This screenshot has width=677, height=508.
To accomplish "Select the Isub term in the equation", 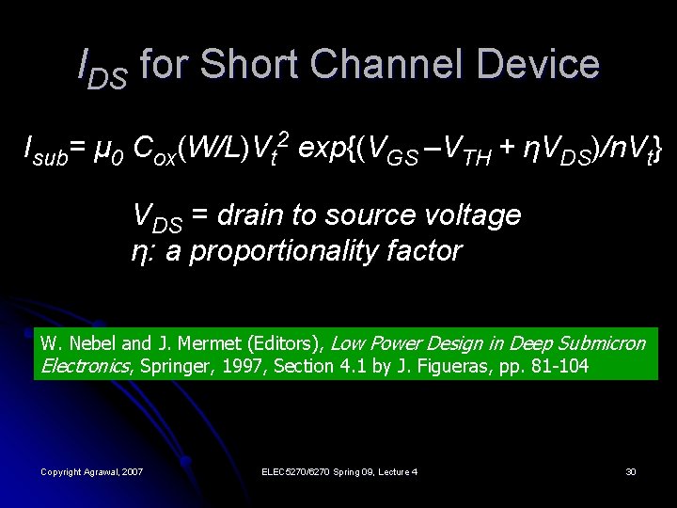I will pyautogui.click(x=45, y=149).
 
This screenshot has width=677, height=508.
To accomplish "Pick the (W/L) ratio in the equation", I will pyautogui.click(x=215, y=148).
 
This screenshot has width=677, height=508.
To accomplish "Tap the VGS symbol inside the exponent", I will pyautogui.click(x=391, y=149).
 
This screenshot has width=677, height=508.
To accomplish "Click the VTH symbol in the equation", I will pyautogui.click(x=464, y=149).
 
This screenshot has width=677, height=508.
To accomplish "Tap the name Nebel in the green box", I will pyautogui.click(x=87, y=343).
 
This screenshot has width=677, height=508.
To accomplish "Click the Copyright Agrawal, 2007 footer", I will pyautogui.click(x=91, y=470).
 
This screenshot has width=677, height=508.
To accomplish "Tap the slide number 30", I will pyautogui.click(x=631, y=470).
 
